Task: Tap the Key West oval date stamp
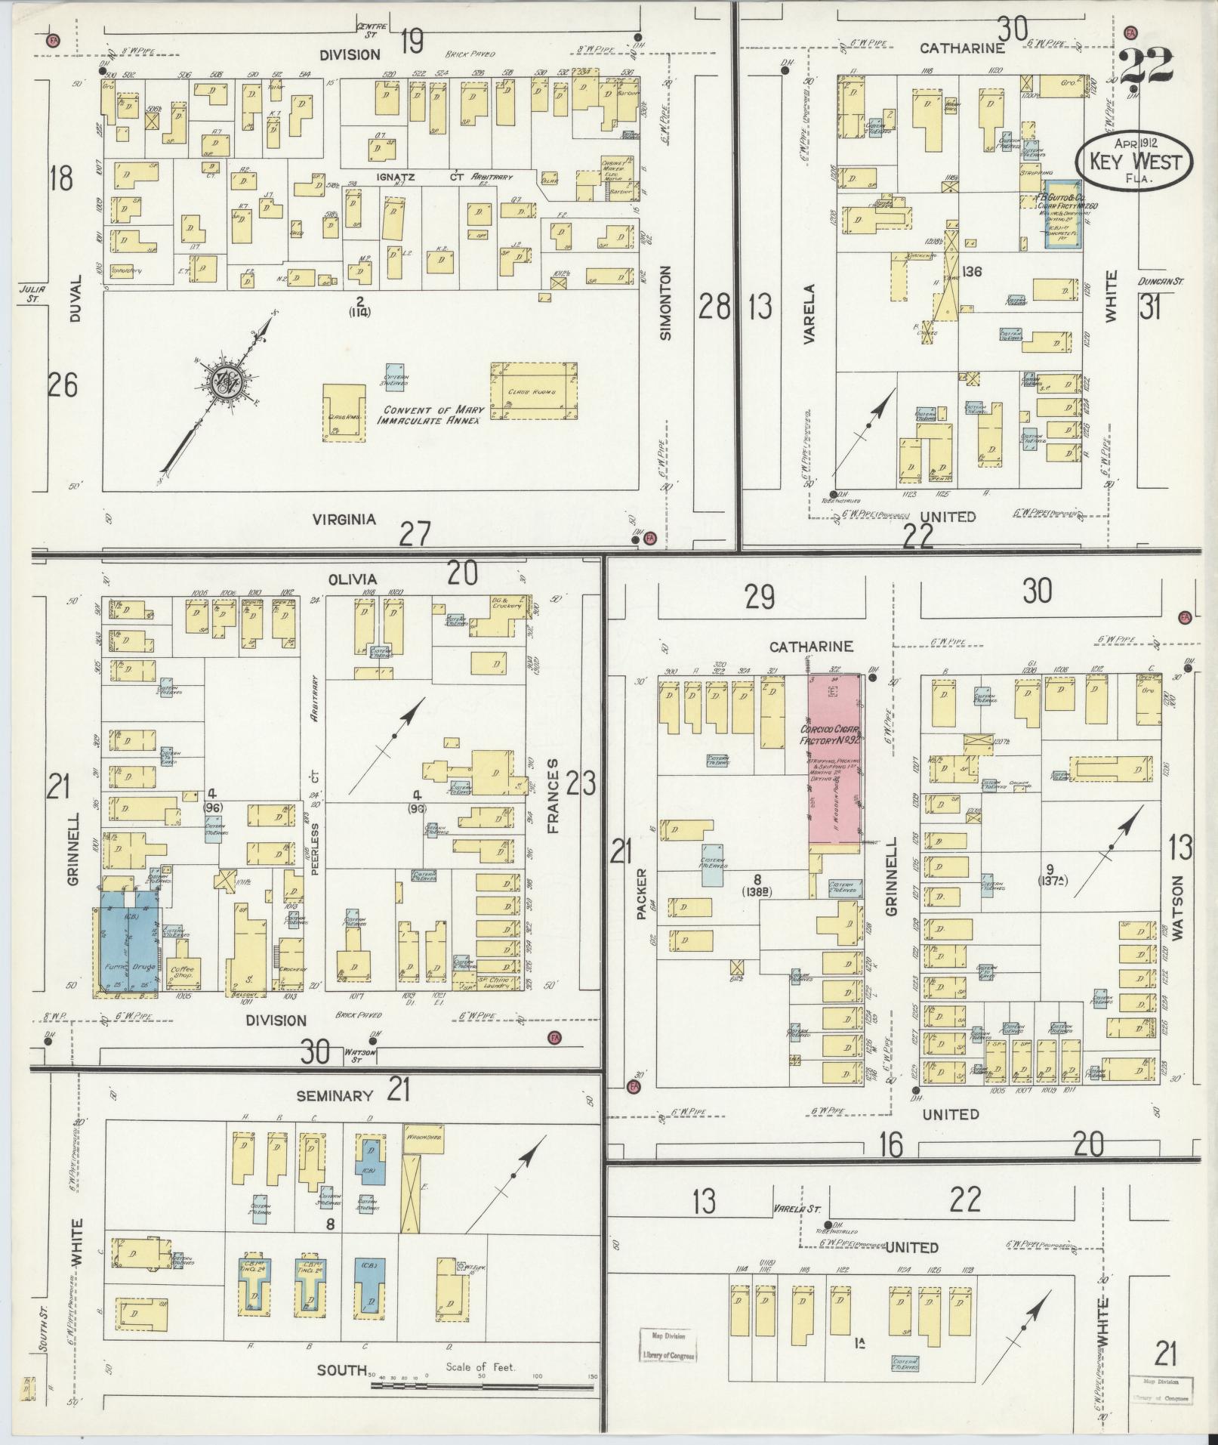pyautogui.click(x=1134, y=161)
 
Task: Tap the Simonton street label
pyautogui.click(x=665, y=302)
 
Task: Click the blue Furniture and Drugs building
pyautogui.click(x=128, y=940)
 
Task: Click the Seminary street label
pyautogui.click(x=345, y=1095)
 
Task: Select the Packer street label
pyautogui.click(x=642, y=893)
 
